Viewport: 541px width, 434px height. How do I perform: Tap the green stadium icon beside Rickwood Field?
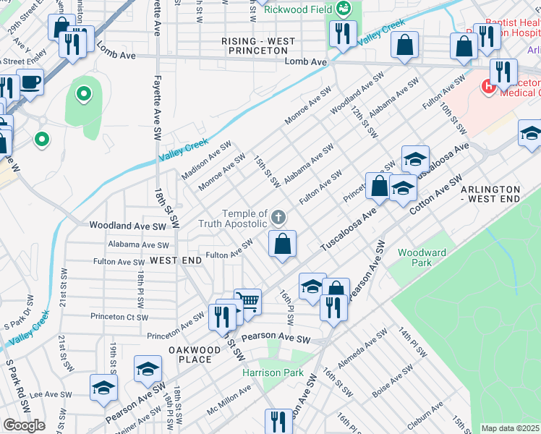344,9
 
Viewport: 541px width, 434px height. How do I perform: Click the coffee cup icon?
30,82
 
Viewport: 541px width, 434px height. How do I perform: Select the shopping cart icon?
247,300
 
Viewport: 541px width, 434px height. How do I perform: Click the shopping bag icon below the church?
283,244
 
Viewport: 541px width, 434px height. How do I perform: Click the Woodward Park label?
422,258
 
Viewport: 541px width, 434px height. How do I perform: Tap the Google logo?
24,425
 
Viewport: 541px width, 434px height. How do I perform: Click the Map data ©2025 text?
511,428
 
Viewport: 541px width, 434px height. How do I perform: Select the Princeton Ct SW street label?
119,317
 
